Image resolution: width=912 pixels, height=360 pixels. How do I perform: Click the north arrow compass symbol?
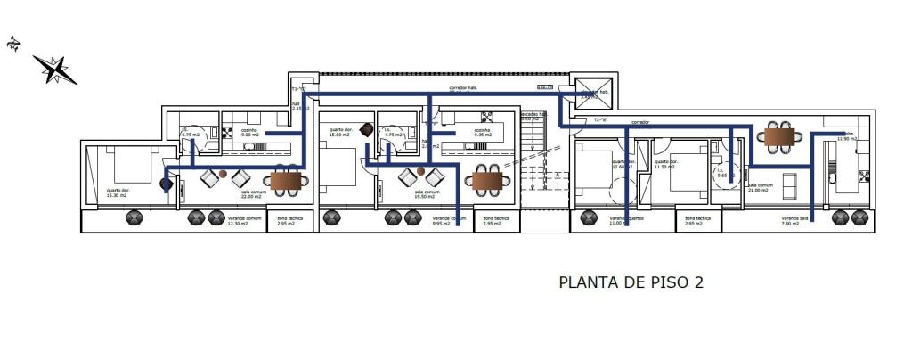[55, 69]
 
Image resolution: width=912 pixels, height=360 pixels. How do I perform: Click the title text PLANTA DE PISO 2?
[631, 282]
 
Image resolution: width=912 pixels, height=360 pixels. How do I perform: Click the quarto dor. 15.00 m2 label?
[341, 132]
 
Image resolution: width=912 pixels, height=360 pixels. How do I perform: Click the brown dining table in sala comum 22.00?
[286, 182]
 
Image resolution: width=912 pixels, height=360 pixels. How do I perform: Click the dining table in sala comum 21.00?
[778, 136]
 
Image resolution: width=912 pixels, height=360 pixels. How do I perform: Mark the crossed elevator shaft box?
[590, 93]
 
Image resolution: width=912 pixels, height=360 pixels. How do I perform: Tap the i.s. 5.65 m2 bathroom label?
[726, 173]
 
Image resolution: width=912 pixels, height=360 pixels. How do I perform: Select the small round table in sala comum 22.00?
[223, 173]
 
